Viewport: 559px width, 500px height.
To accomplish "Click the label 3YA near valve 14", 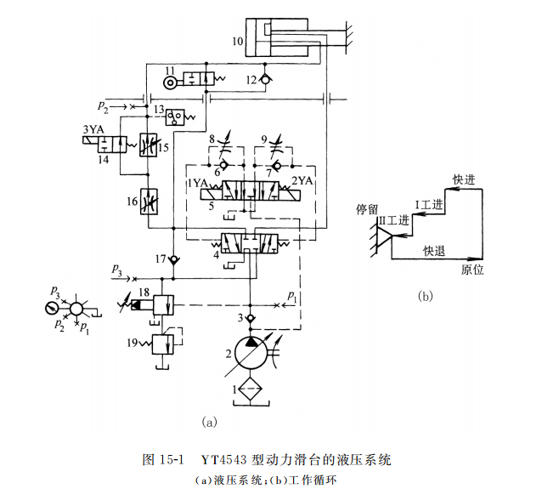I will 94,129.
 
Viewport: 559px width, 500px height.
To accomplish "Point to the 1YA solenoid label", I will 198,182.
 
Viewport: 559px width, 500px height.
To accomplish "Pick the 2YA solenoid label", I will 303,182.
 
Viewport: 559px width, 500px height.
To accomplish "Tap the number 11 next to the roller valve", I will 170,70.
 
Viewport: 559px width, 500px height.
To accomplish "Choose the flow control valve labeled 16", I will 149,201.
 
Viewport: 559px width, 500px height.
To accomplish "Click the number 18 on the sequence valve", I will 144,293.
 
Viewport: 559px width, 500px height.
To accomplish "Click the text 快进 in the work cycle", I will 463,179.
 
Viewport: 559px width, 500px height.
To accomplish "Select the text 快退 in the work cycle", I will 434,250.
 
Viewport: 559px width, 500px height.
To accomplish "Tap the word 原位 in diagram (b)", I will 472,270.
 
